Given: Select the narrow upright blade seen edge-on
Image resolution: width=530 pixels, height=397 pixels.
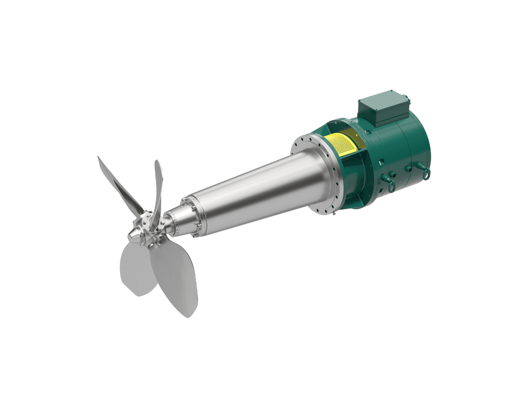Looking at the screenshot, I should (158, 185).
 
